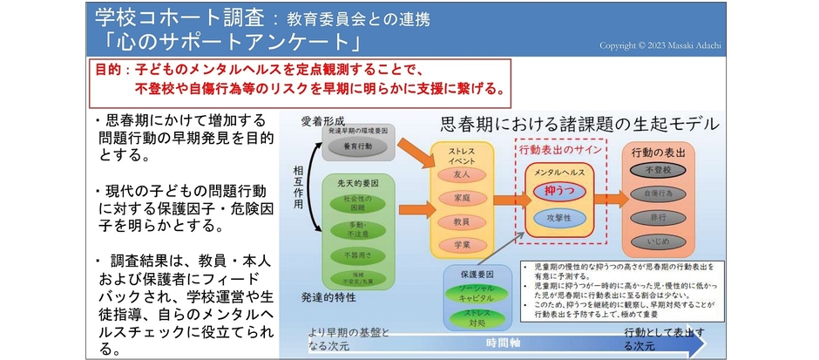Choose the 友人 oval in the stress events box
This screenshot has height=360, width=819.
click(462, 174)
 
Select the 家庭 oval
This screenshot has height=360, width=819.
click(462, 198)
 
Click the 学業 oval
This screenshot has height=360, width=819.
click(462, 246)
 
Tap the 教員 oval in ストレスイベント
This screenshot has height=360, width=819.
click(462, 221)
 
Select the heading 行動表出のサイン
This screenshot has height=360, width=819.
click(558, 148)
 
